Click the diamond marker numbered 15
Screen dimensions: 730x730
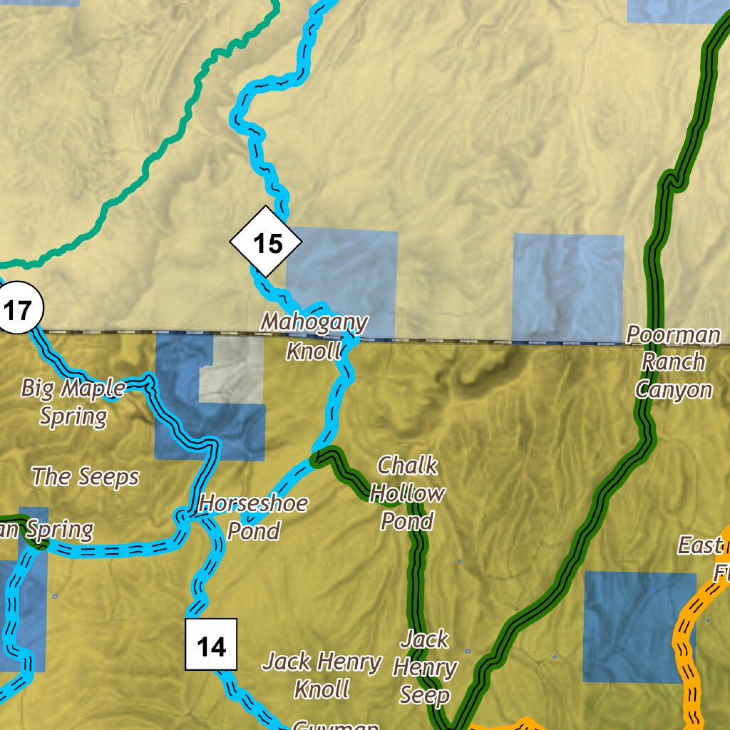(x=266, y=242)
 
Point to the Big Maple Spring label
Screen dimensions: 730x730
(x=73, y=401)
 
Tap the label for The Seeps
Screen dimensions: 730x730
(x=86, y=476)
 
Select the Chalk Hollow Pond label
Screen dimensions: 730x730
(x=407, y=493)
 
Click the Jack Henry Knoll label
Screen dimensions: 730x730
(x=322, y=674)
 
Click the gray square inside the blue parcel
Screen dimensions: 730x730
(x=230, y=369)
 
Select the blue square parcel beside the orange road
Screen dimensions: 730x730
(x=639, y=627)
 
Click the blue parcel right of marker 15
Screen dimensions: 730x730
(x=342, y=281)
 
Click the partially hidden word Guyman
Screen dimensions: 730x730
(x=335, y=725)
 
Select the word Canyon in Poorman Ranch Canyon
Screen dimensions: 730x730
(x=674, y=389)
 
